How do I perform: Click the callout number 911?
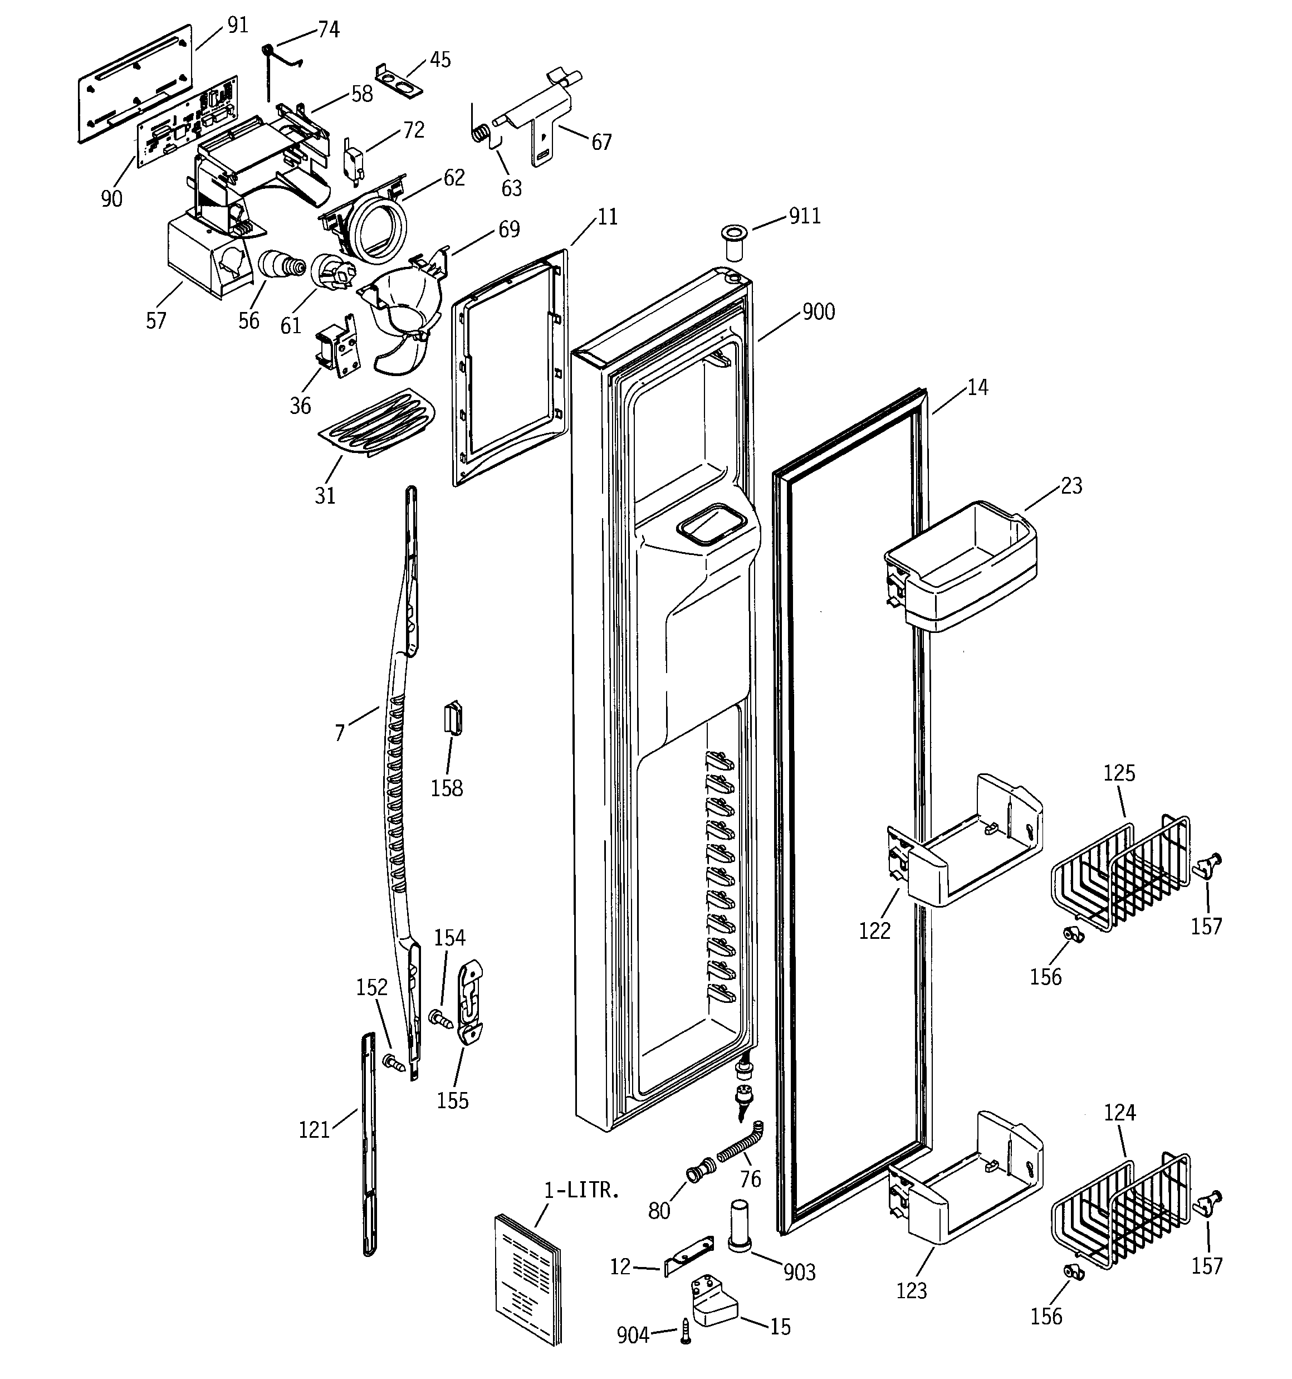(x=805, y=216)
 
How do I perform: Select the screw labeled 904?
(x=686, y=1332)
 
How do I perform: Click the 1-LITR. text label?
(x=581, y=1191)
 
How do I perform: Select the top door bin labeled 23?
(x=962, y=567)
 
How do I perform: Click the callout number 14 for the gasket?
(x=977, y=388)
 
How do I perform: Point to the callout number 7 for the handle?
(x=339, y=733)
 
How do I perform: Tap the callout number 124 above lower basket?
(x=1119, y=1113)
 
